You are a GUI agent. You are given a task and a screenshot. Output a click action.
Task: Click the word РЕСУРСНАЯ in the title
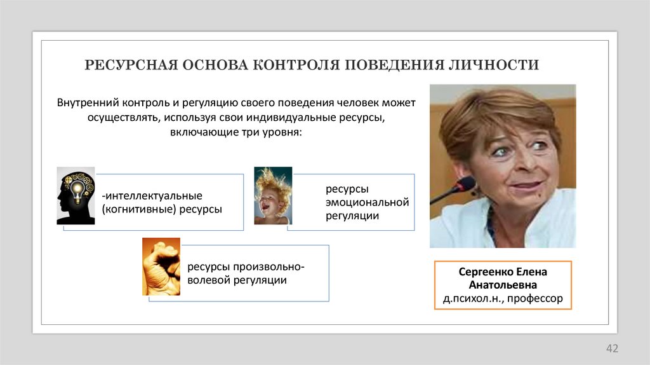click(130, 65)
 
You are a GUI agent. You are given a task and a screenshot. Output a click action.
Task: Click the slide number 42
click(612, 348)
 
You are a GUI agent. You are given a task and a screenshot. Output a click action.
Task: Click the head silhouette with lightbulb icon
click(76, 195)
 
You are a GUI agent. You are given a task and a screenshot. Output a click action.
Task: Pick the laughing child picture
click(273, 195)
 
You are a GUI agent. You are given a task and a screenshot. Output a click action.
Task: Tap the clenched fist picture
click(161, 266)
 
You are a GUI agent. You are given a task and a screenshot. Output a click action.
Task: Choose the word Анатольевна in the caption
click(503, 284)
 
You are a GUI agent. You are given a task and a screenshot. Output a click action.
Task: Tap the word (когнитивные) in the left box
click(135, 209)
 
